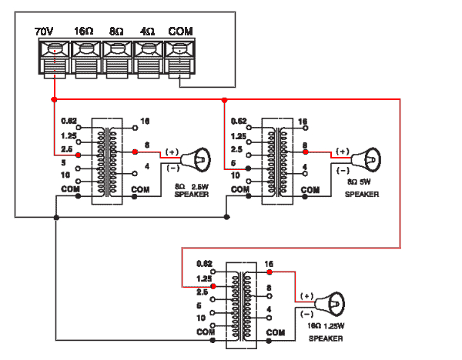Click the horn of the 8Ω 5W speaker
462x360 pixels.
tap(370, 160)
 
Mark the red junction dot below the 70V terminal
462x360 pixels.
tap(55, 100)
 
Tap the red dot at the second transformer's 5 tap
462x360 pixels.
tap(248, 168)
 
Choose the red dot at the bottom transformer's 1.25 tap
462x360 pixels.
tap(213, 286)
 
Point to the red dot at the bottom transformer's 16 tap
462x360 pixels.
tap(269, 272)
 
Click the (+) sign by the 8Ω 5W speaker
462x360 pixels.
tap(342, 152)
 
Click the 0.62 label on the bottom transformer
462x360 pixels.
tap(203, 263)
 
